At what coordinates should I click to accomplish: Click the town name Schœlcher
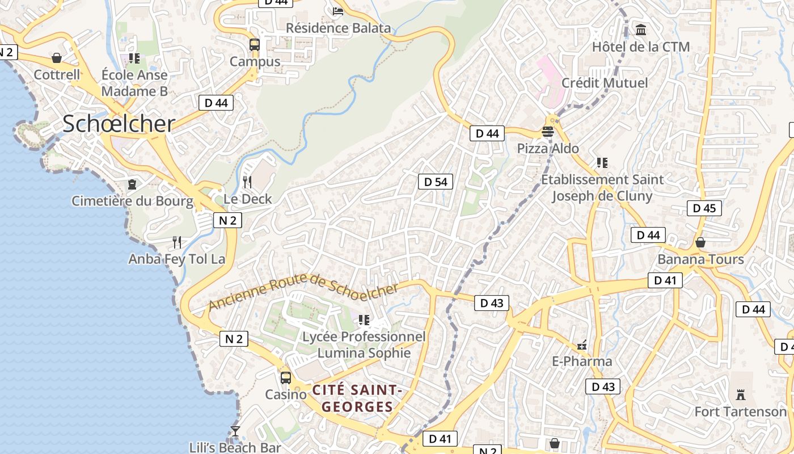pyautogui.click(x=119, y=124)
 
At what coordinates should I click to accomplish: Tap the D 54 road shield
pyautogui.click(x=436, y=182)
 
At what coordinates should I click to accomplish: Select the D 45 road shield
pyautogui.click(x=704, y=208)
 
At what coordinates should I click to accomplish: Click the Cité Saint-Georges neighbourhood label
pyautogui.click(x=357, y=398)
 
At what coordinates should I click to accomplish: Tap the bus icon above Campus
pyautogui.click(x=255, y=45)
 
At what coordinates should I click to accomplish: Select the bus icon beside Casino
pyautogui.click(x=286, y=377)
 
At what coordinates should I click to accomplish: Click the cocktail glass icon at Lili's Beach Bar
pyautogui.click(x=235, y=431)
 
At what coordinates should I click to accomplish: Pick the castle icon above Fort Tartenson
pyautogui.click(x=741, y=394)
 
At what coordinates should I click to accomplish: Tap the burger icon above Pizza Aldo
pyautogui.click(x=548, y=132)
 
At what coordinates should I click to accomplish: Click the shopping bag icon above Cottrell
pyautogui.click(x=57, y=58)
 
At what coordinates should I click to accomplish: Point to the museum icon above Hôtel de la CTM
pyautogui.click(x=641, y=30)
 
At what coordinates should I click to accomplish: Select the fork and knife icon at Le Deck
pyautogui.click(x=247, y=182)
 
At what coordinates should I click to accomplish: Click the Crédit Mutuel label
pyautogui.click(x=605, y=83)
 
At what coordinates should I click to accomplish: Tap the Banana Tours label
pyautogui.click(x=700, y=259)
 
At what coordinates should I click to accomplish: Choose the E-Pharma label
pyautogui.click(x=582, y=361)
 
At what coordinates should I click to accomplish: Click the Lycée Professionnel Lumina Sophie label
pyautogui.click(x=364, y=344)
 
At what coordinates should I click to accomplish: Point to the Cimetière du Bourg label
pyautogui.click(x=132, y=200)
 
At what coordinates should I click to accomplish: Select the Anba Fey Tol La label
pyautogui.click(x=177, y=259)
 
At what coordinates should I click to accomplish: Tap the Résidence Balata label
pyautogui.click(x=339, y=28)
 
